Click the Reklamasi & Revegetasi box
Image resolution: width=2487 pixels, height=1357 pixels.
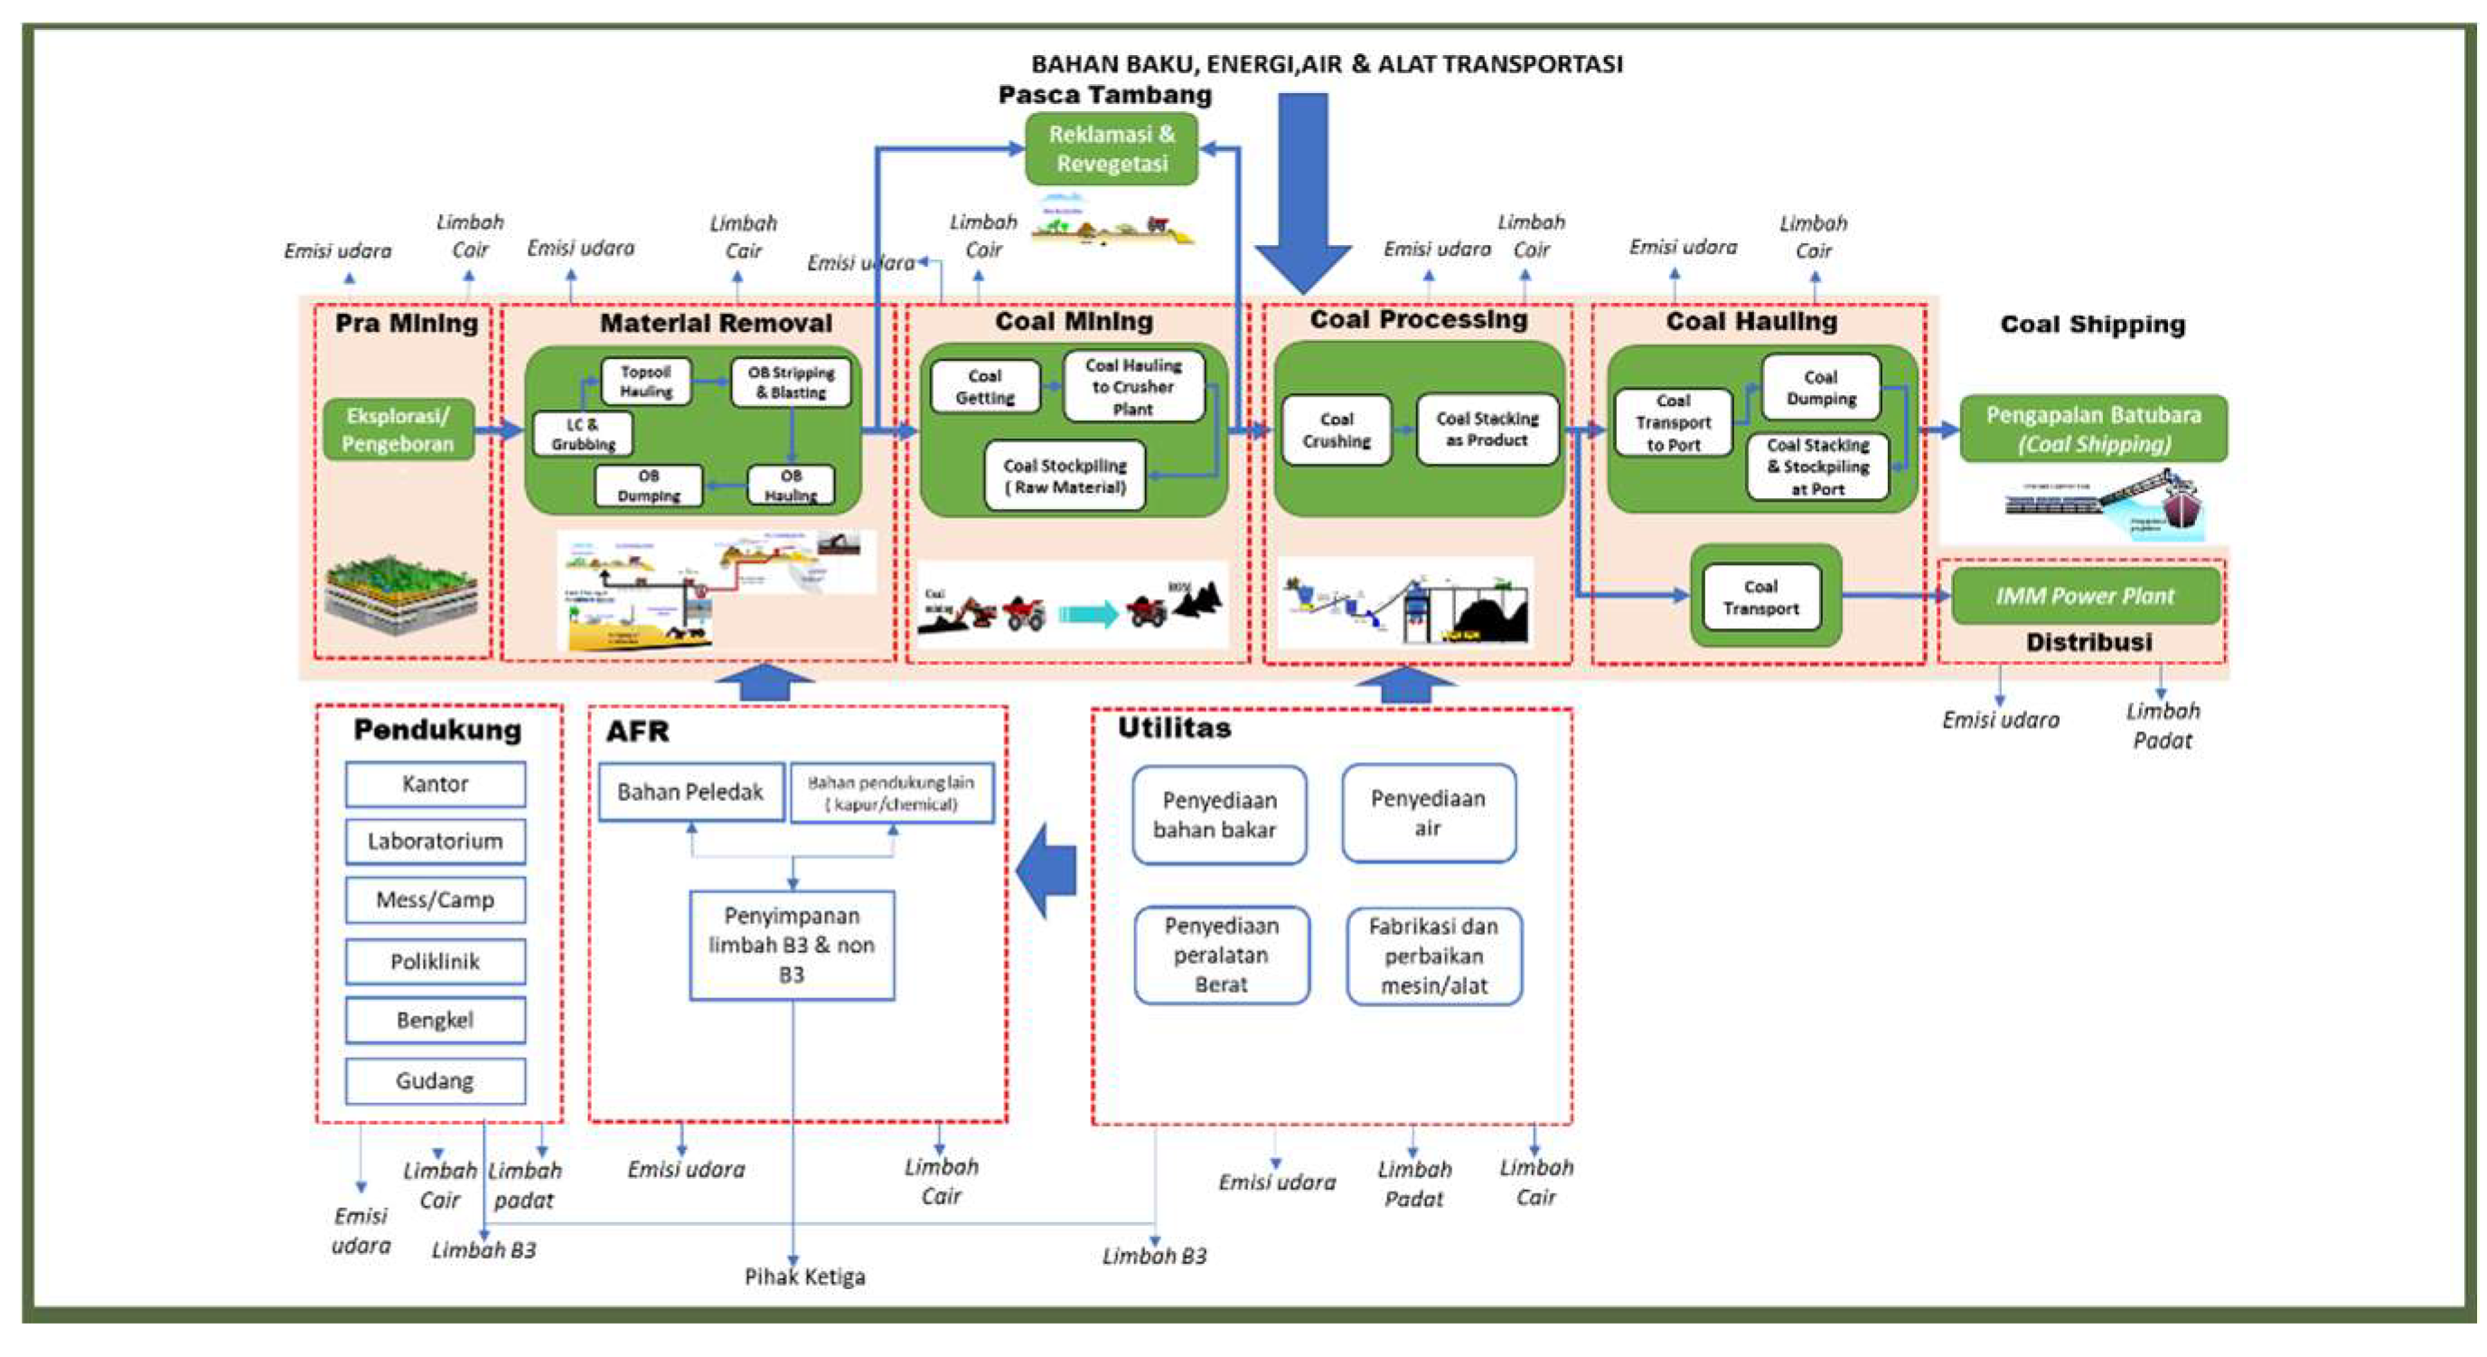[x=1112, y=149]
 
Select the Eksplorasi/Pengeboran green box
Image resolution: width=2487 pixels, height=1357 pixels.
[x=398, y=429]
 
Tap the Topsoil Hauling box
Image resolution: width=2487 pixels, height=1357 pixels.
[x=646, y=382]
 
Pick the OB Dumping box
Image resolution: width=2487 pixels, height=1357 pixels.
[x=648, y=485]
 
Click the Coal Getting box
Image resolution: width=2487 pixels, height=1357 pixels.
[x=985, y=386]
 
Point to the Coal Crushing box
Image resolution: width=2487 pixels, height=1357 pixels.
[x=1337, y=430]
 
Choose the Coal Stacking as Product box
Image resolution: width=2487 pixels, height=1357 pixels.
[x=1487, y=429]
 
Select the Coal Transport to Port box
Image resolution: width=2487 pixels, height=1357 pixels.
[x=1673, y=423]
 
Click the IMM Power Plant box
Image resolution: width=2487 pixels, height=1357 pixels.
[x=2086, y=596]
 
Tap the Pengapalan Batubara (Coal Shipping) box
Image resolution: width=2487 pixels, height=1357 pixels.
[x=2093, y=429]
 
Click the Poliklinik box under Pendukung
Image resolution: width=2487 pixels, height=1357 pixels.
[x=436, y=962]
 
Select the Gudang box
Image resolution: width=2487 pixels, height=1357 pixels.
[x=436, y=1080]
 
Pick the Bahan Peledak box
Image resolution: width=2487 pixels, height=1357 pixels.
[x=690, y=792]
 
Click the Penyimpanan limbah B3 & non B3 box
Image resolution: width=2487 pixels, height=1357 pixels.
[x=792, y=945]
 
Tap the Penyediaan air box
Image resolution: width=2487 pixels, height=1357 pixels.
[x=1428, y=814]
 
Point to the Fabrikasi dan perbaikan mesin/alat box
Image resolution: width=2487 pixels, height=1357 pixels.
[x=1433, y=956]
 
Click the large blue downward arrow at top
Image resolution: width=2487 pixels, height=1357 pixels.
[x=1303, y=193]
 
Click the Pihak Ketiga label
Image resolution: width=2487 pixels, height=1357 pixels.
[x=804, y=1277]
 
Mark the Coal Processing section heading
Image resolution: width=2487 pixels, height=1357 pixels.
[x=1418, y=320]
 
